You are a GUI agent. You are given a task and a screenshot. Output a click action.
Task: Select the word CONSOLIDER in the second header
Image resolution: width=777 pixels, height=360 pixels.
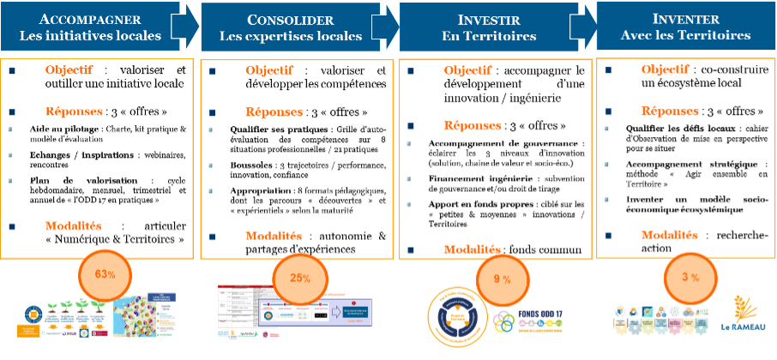coord(290,20)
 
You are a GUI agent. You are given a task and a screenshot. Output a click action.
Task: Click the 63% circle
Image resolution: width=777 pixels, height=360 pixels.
coord(105,274)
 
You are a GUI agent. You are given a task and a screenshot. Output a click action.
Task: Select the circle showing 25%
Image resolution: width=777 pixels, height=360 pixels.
coord(299,279)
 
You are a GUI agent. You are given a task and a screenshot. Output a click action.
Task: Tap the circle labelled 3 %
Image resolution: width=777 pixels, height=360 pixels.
coord(690,277)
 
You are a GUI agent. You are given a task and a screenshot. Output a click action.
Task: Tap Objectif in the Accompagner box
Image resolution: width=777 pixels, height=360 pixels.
coord(69,70)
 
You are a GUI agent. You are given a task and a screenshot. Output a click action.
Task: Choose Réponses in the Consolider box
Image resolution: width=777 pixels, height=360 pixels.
coord(274,112)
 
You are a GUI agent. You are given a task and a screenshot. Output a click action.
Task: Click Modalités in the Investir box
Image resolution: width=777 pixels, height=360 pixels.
coord(473,249)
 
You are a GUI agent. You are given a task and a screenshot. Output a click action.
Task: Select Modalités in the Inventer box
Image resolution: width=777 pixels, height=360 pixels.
coord(670,235)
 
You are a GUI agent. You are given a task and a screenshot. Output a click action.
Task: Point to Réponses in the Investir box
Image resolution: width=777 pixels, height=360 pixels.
coord(473,126)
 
